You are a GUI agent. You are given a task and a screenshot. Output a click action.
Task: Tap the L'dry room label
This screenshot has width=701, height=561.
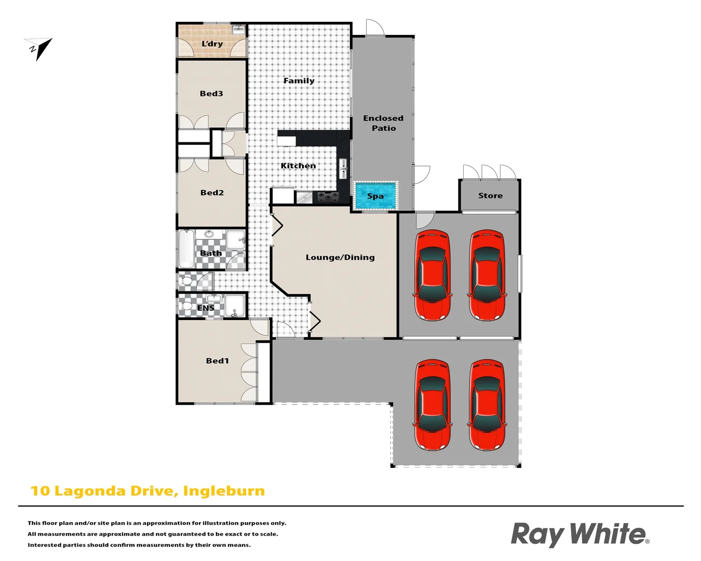point(212,44)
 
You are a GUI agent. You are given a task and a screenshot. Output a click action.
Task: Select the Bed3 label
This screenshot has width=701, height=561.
point(211,94)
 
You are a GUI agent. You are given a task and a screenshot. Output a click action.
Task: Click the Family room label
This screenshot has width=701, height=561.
point(299,81)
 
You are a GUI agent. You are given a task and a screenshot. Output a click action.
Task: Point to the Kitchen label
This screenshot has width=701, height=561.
point(298,166)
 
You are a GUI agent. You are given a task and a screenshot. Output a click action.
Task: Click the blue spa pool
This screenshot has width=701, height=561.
point(375,195)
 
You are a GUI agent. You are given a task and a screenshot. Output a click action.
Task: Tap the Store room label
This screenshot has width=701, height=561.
point(490,196)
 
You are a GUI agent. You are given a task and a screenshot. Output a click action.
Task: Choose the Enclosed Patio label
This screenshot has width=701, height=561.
point(383,123)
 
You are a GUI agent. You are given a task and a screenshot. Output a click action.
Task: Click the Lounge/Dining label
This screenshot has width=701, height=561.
point(340,257)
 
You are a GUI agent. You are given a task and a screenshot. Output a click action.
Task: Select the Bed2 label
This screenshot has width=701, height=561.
point(212,193)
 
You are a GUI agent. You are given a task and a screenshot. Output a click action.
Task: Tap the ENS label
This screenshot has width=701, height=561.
point(206,308)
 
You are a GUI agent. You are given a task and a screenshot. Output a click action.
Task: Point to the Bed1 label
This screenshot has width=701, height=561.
point(217,360)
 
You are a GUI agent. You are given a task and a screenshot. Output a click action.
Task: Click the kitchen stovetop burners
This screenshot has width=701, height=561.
point(328,197)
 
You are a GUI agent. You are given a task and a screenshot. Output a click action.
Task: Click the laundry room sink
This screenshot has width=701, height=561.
point(238,29)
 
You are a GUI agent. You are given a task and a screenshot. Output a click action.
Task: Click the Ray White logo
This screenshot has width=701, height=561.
point(579,535)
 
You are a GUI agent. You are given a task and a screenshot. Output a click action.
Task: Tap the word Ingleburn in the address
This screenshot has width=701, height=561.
point(224,491)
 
